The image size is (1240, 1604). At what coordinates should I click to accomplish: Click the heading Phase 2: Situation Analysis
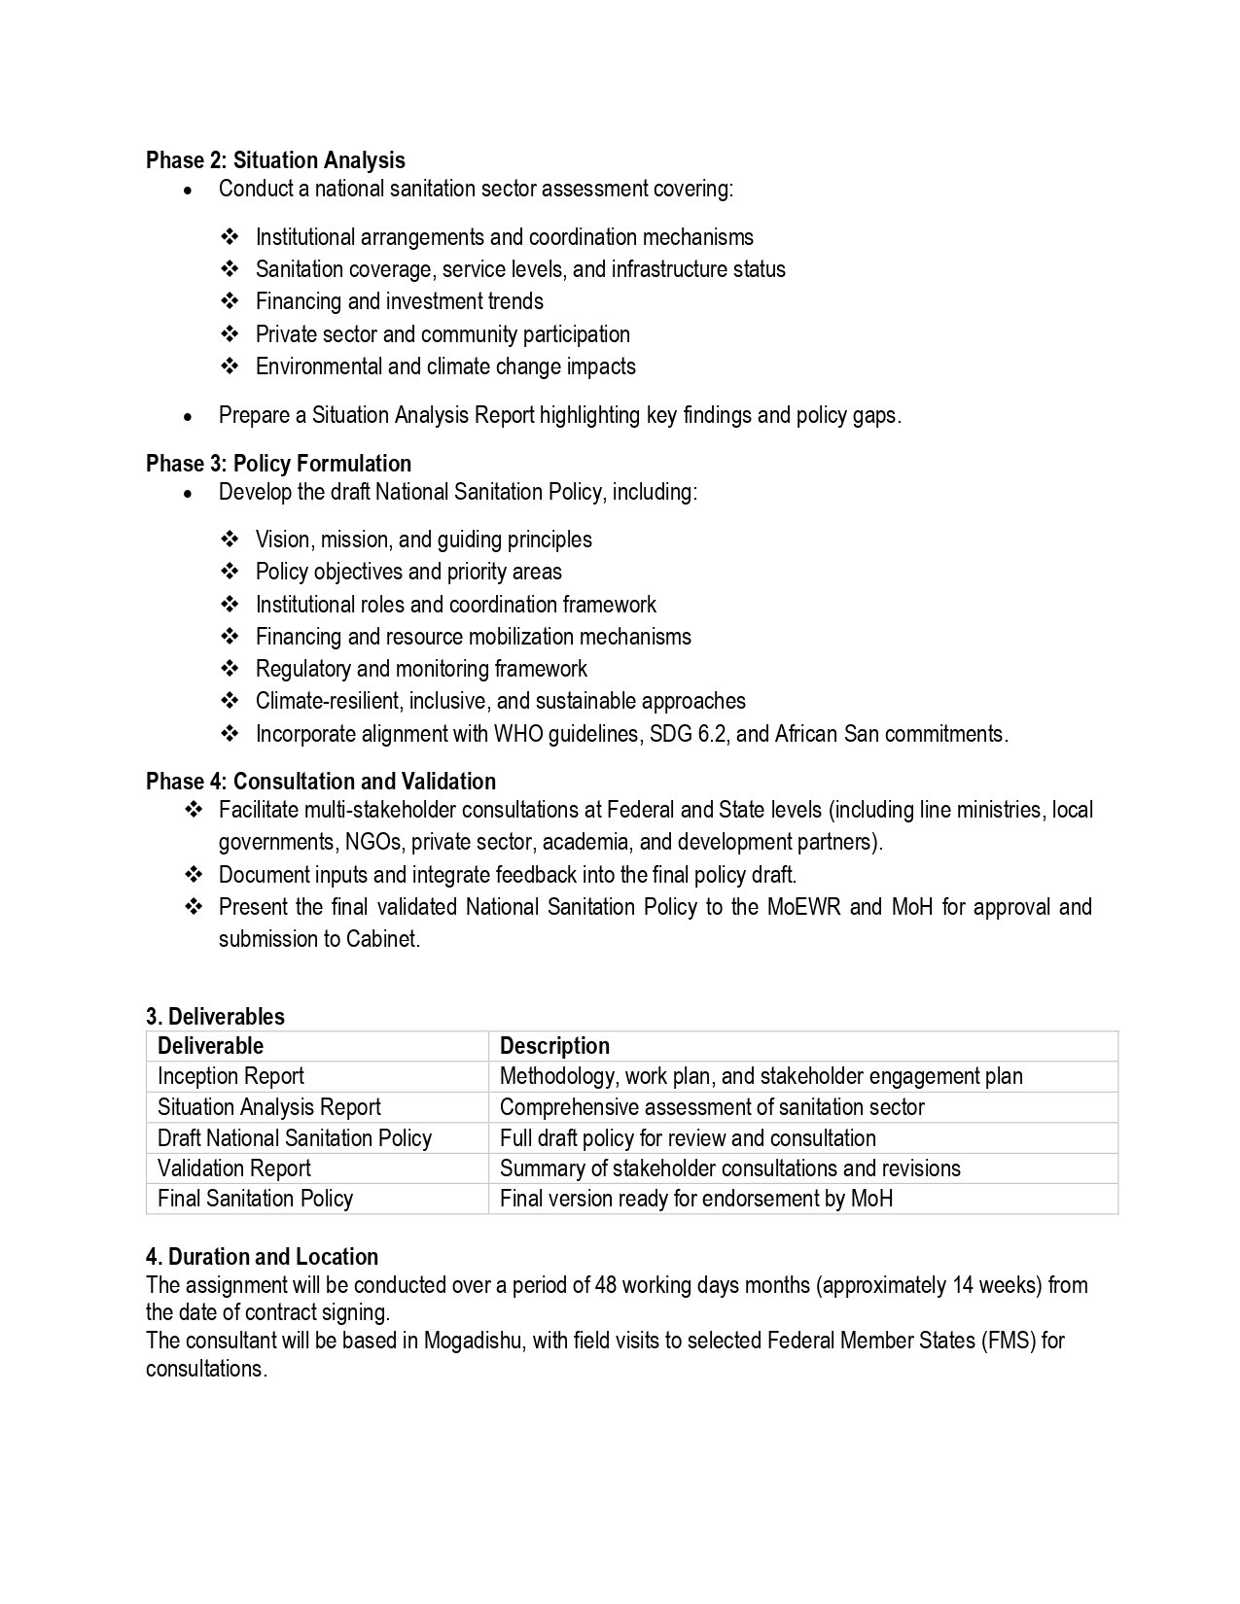275,160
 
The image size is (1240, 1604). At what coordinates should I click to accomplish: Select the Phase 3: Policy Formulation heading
278,464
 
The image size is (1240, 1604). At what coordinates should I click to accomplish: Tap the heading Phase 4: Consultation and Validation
321,782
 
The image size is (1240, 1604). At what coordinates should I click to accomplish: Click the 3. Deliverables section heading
215,1017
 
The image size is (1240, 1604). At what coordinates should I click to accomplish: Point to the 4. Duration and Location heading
262,1257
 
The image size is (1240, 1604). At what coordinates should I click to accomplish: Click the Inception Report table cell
230,1076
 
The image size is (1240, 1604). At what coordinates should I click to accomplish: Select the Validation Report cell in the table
234,1168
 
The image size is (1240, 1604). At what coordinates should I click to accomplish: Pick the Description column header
554,1046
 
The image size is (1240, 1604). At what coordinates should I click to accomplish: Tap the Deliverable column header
210,1046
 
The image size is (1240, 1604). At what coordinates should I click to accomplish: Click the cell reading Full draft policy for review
688,1138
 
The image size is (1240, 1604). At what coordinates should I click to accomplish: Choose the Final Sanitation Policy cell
255,1199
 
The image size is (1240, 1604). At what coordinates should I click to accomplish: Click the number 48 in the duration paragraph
606,1285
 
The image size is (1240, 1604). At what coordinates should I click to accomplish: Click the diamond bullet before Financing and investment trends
230,301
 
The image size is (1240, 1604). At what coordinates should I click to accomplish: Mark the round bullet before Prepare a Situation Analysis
188,416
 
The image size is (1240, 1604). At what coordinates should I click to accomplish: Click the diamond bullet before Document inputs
193,875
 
